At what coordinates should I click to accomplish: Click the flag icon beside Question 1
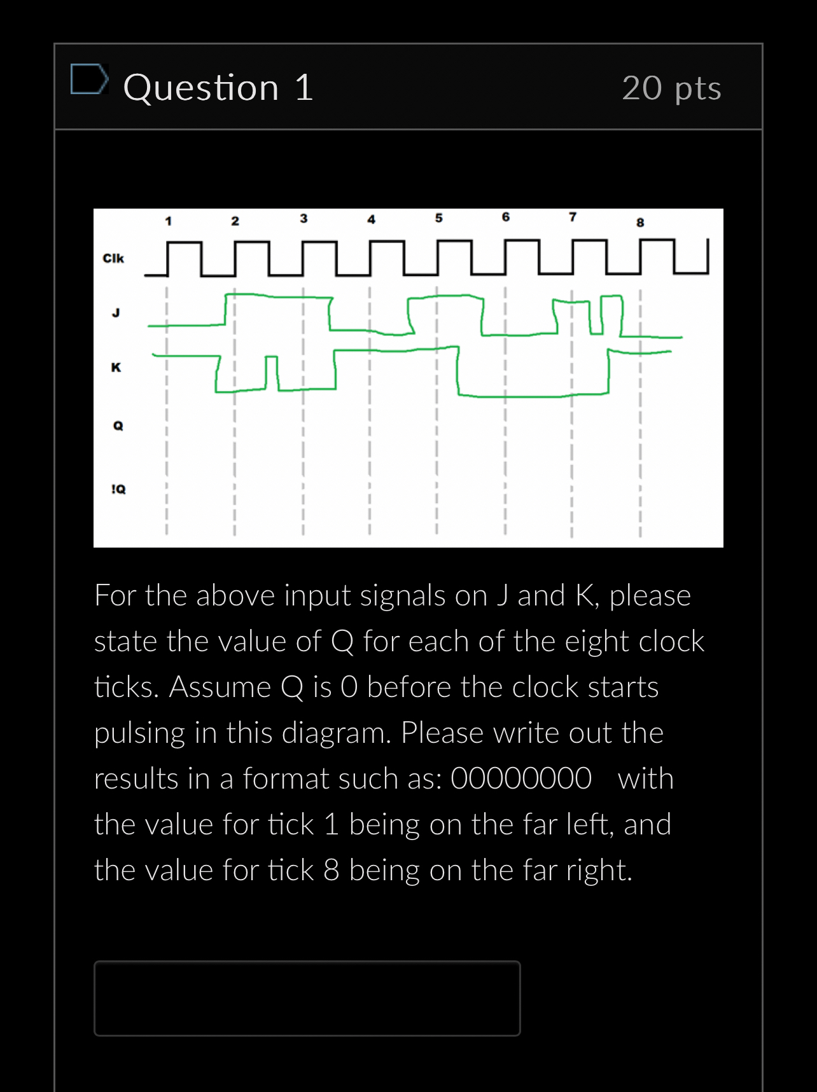click(x=88, y=79)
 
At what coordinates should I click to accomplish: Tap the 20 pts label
click(x=671, y=88)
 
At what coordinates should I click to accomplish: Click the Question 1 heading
click(x=218, y=87)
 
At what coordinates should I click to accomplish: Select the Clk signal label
click(x=113, y=258)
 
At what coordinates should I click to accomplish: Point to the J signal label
click(x=116, y=312)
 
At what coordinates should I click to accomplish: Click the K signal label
click(x=116, y=367)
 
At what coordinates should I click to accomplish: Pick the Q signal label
click(x=118, y=425)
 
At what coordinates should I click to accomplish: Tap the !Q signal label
click(x=118, y=489)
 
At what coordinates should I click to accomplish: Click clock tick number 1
click(x=168, y=221)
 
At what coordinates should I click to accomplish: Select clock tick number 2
click(x=235, y=221)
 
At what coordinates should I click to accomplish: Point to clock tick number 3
click(x=304, y=218)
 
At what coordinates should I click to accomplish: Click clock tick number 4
click(x=371, y=219)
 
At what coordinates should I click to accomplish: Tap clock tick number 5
click(x=438, y=218)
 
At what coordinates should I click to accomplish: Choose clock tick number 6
click(x=506, y=217)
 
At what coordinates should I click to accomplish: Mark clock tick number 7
click(x=573, y=217)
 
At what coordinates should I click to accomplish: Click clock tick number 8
click(x=640, y=222)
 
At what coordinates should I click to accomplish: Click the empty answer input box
click(x=307, y=998)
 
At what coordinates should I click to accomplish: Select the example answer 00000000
click(x=520, y=778)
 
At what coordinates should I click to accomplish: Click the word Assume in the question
click(x=220, y=687)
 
